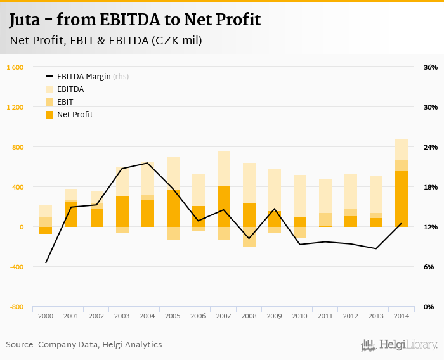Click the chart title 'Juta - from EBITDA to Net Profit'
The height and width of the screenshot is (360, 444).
134,20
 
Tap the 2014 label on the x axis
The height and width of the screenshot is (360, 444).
401,316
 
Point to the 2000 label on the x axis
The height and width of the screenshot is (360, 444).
46,316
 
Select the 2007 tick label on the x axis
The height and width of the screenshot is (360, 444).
223,316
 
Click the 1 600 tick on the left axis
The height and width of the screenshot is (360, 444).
15,67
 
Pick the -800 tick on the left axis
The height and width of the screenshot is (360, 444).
16,307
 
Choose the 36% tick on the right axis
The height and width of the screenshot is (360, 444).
430,67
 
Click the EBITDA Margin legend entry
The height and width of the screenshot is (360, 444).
84,77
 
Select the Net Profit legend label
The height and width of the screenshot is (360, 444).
75,115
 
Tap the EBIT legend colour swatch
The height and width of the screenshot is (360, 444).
50,102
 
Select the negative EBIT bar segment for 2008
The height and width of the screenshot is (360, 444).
249,236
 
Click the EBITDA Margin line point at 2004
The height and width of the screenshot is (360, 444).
147,163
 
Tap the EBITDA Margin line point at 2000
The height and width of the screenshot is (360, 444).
46,262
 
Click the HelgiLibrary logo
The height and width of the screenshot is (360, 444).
399,345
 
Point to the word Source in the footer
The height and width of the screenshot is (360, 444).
20,345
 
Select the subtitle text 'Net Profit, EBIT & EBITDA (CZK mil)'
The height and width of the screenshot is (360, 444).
105,41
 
